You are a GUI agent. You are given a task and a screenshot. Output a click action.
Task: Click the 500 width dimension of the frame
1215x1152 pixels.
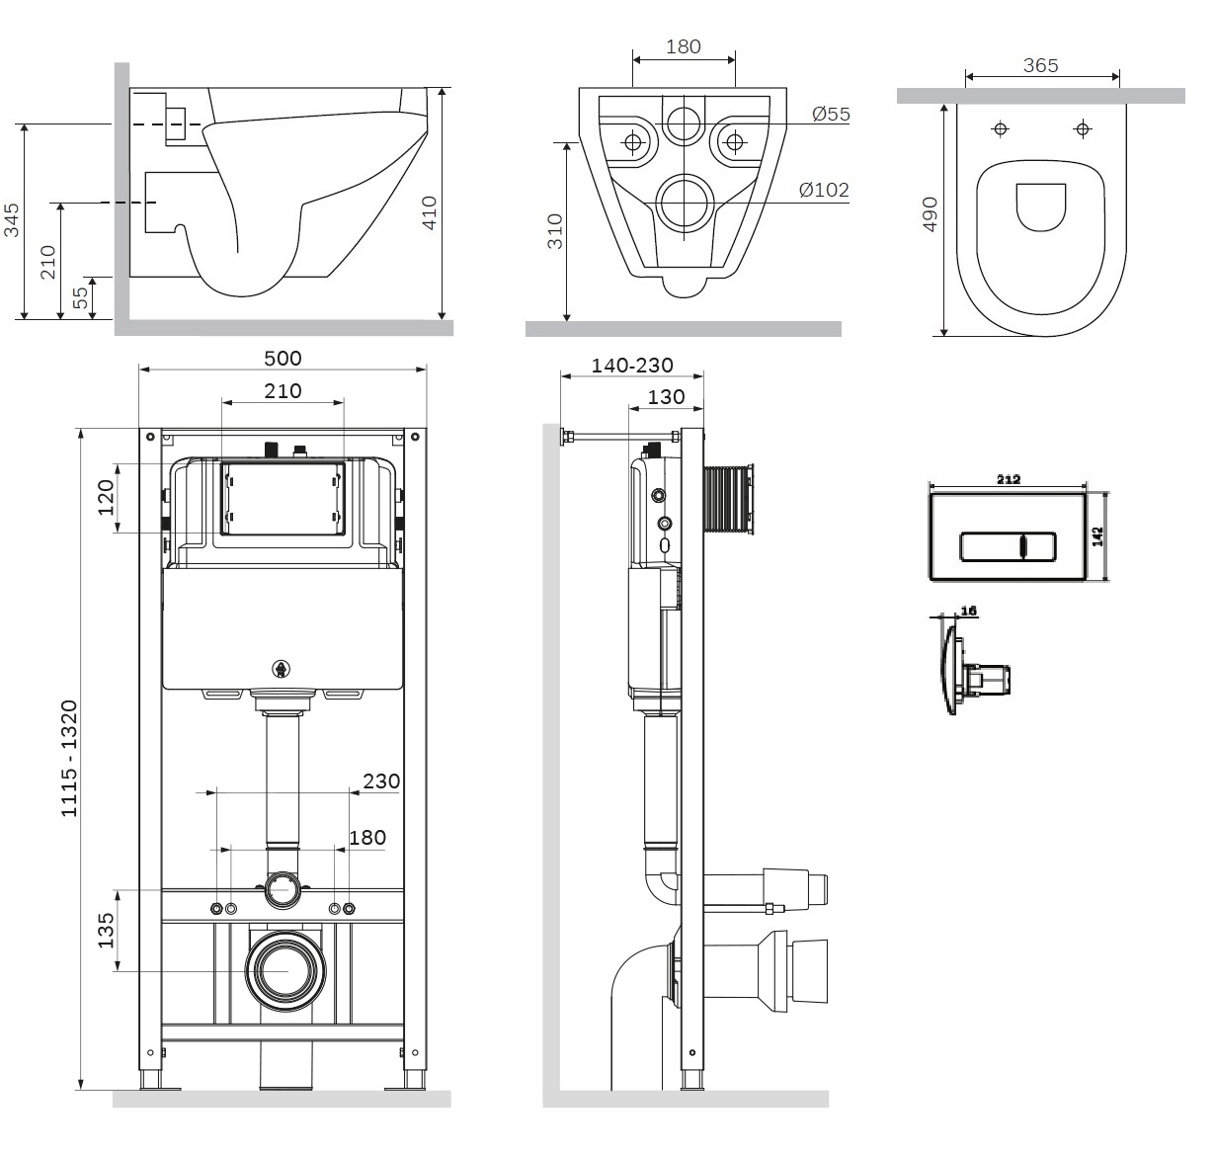point(283,359)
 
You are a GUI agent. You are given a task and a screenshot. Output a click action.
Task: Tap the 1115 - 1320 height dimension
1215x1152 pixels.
point(69,758)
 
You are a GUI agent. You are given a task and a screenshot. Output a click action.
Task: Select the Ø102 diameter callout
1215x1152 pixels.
point(824,190)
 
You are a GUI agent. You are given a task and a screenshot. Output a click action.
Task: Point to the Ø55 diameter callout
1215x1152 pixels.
point(831,115)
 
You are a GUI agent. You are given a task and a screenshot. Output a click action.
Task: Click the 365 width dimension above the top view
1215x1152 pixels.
point(1041,65)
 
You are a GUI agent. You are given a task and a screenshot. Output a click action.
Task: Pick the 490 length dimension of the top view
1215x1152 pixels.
point(930,214)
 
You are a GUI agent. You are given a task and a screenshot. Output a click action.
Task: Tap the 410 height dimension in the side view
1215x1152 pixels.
point(430,212)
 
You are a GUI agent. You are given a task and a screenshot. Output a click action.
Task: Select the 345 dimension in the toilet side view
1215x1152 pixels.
point(12,220)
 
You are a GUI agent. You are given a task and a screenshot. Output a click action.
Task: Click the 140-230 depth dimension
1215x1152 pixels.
point(632,366)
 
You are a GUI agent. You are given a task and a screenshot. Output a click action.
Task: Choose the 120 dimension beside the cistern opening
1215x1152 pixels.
point(106,498)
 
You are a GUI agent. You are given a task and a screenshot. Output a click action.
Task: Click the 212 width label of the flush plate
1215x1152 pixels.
point(1009,479)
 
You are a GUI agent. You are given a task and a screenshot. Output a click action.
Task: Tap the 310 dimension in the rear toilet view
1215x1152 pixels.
point(555,231)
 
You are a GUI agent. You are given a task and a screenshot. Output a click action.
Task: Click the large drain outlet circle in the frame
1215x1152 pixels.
point(284,972)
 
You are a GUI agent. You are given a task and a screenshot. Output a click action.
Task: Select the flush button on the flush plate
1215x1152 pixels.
point(1008,547)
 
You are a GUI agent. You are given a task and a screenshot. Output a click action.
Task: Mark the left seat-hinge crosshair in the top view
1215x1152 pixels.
point(1000,129)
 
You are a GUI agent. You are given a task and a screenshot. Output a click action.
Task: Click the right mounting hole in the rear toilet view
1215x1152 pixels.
point(734,143)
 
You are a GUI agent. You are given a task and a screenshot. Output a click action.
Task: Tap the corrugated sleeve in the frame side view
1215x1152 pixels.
point(729,499)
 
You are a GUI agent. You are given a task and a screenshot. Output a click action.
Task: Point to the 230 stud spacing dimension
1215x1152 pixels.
point(381,782)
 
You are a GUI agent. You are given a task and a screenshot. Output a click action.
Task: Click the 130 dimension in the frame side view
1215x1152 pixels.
point(666,397)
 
